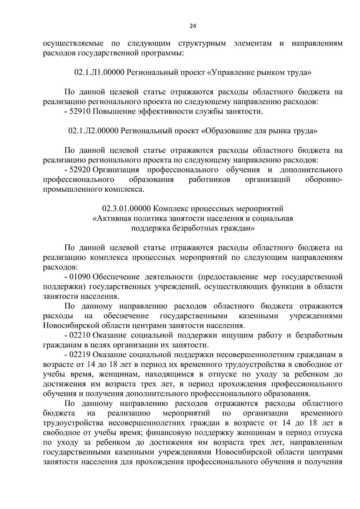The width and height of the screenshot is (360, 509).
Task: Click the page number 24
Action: click(193, 26)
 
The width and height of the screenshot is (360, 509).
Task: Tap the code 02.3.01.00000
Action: click(127, 208)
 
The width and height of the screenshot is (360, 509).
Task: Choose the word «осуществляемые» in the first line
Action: click(73, 43)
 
